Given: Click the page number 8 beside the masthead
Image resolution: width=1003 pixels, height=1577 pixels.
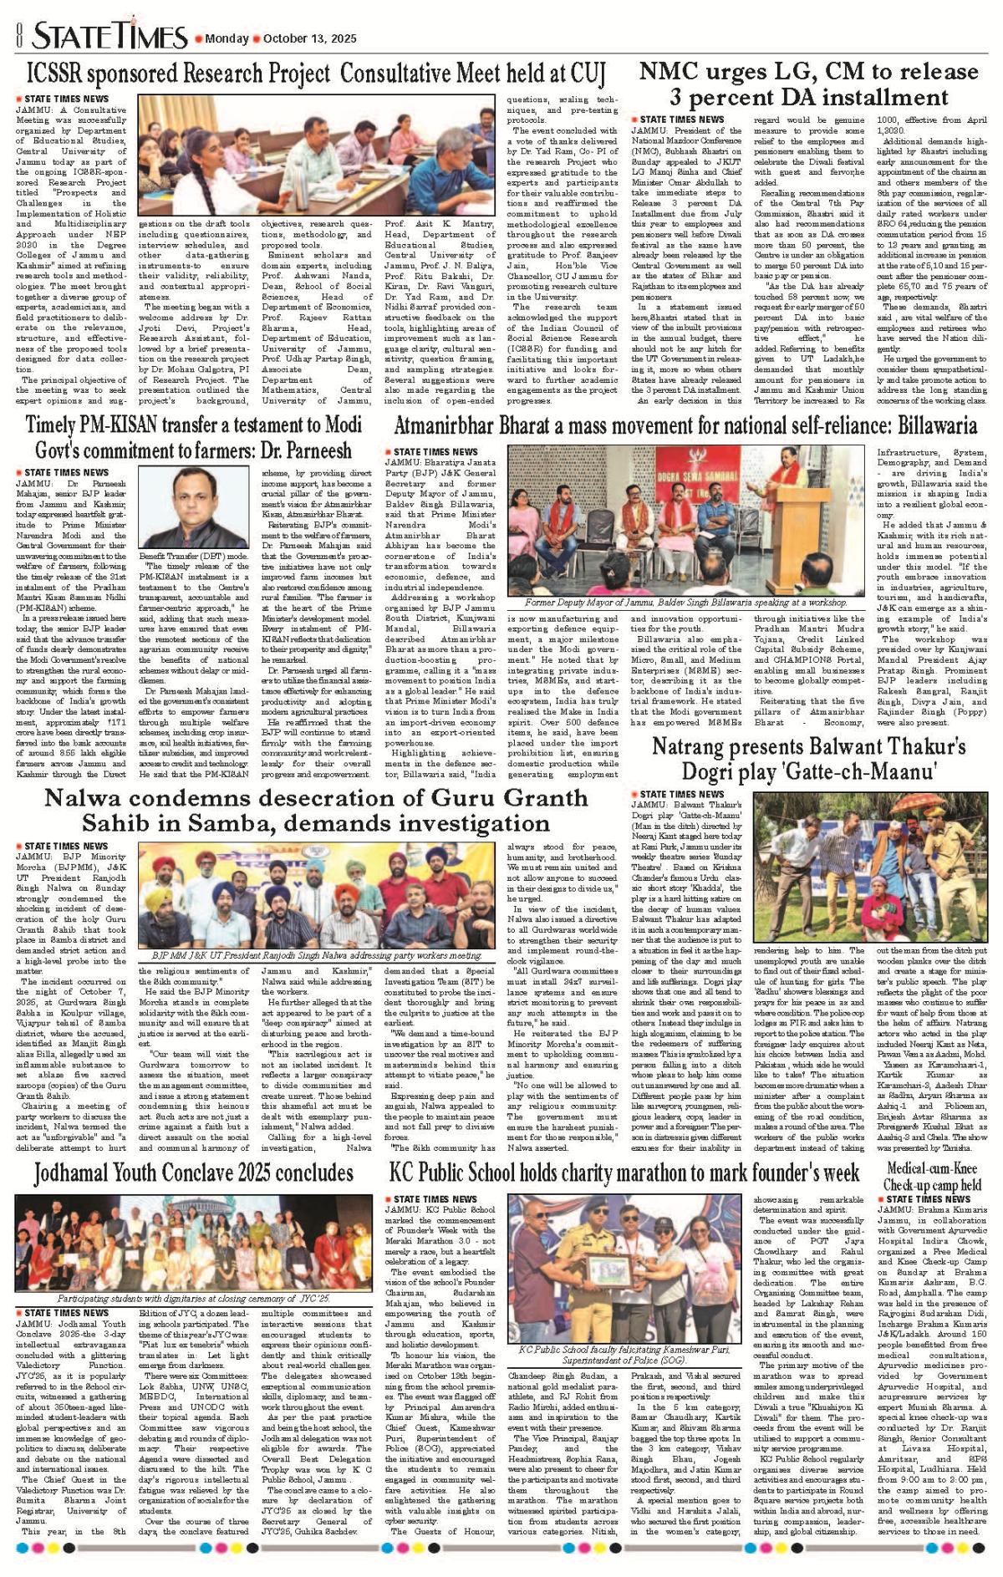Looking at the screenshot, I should pyautogui.click(x=17, y=36).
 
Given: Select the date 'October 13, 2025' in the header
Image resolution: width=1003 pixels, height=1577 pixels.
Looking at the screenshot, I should pyautogui.click(x=309, y=38).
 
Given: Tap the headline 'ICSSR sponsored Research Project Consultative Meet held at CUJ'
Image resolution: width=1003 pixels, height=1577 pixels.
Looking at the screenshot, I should pyautogui.click(x=315, y=74).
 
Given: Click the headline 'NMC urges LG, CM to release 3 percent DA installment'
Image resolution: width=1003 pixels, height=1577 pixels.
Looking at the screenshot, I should pyautogui.click(x=808, y=84).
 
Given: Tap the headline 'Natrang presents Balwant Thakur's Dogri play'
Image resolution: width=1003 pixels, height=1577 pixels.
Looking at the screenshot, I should pyautogui.click(x=808, y=757).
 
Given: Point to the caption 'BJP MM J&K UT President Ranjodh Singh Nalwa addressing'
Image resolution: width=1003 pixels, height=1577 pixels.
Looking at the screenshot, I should pyautogui.click(x=317, y=955).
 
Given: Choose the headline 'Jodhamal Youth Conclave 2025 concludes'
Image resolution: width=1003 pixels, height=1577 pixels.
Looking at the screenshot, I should pyautogui.click(x=194, y=1173).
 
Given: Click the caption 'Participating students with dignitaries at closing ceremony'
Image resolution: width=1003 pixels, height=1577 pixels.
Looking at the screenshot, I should pyautogui.click(x=194, y=1298).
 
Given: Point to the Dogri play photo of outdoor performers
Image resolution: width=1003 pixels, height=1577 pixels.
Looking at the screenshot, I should pyautogui.click(x=870, y=866).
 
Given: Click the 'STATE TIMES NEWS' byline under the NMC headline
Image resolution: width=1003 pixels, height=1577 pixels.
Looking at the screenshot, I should pyautogui.click(x=677, y=120).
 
